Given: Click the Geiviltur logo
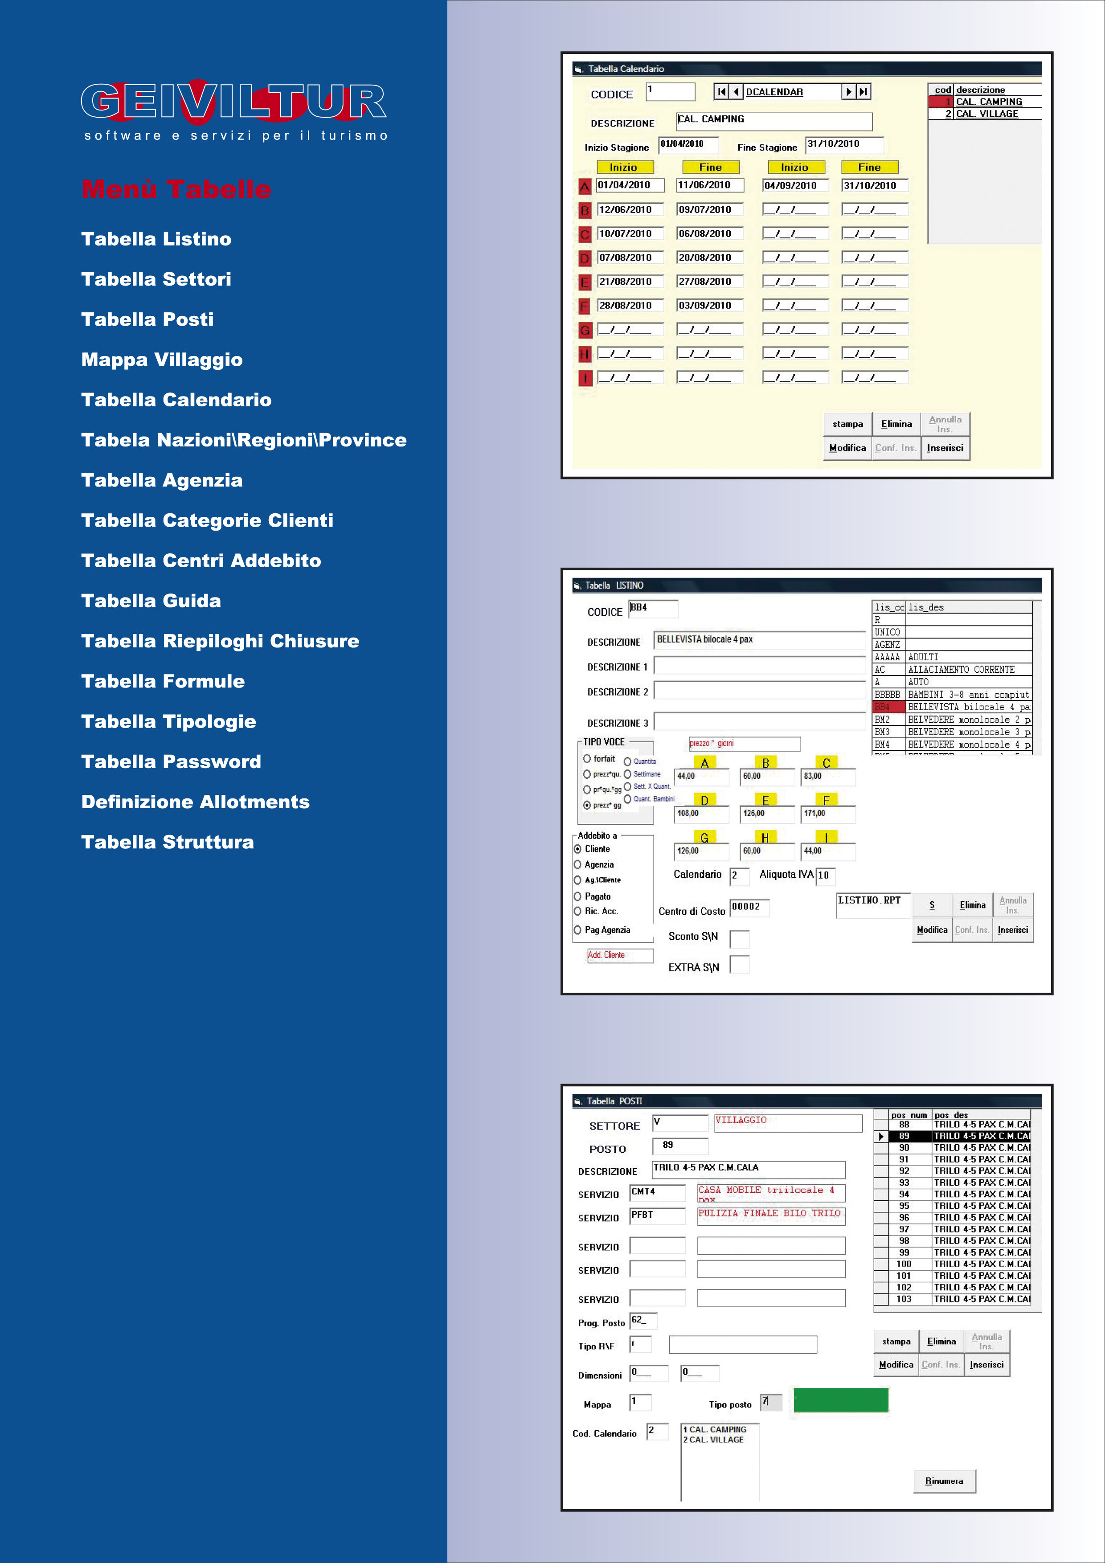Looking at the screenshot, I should pos(233,109).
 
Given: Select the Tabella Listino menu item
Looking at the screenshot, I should pos(156,239).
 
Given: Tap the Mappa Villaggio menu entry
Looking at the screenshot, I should pos(161,360).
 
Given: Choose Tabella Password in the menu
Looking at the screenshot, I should pos(171,762).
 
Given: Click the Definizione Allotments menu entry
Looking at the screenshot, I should pos(196,802).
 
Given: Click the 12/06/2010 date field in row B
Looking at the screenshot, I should pos(629,210).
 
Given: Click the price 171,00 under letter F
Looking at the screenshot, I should pos(827,814).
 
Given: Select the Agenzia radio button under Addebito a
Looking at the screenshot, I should pos(578,864).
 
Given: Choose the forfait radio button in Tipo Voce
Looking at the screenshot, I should pos(587,758).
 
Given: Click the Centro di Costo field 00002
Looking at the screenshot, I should pos(749,907).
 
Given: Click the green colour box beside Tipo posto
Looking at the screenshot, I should pos(841,1401).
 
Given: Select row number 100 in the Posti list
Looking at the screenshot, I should pos(904,1264).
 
